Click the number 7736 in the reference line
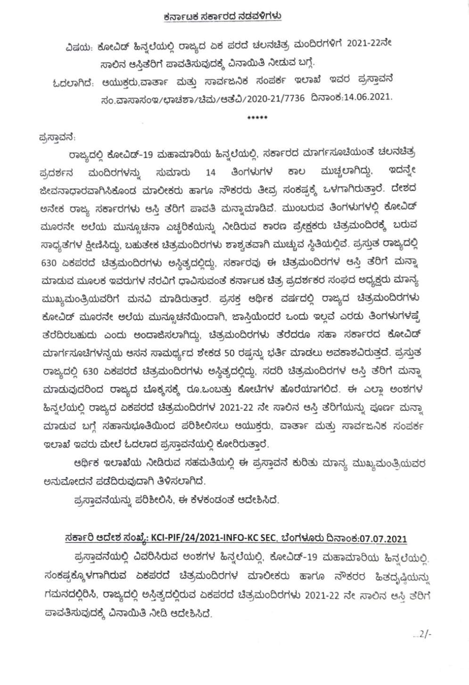[292, 98]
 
